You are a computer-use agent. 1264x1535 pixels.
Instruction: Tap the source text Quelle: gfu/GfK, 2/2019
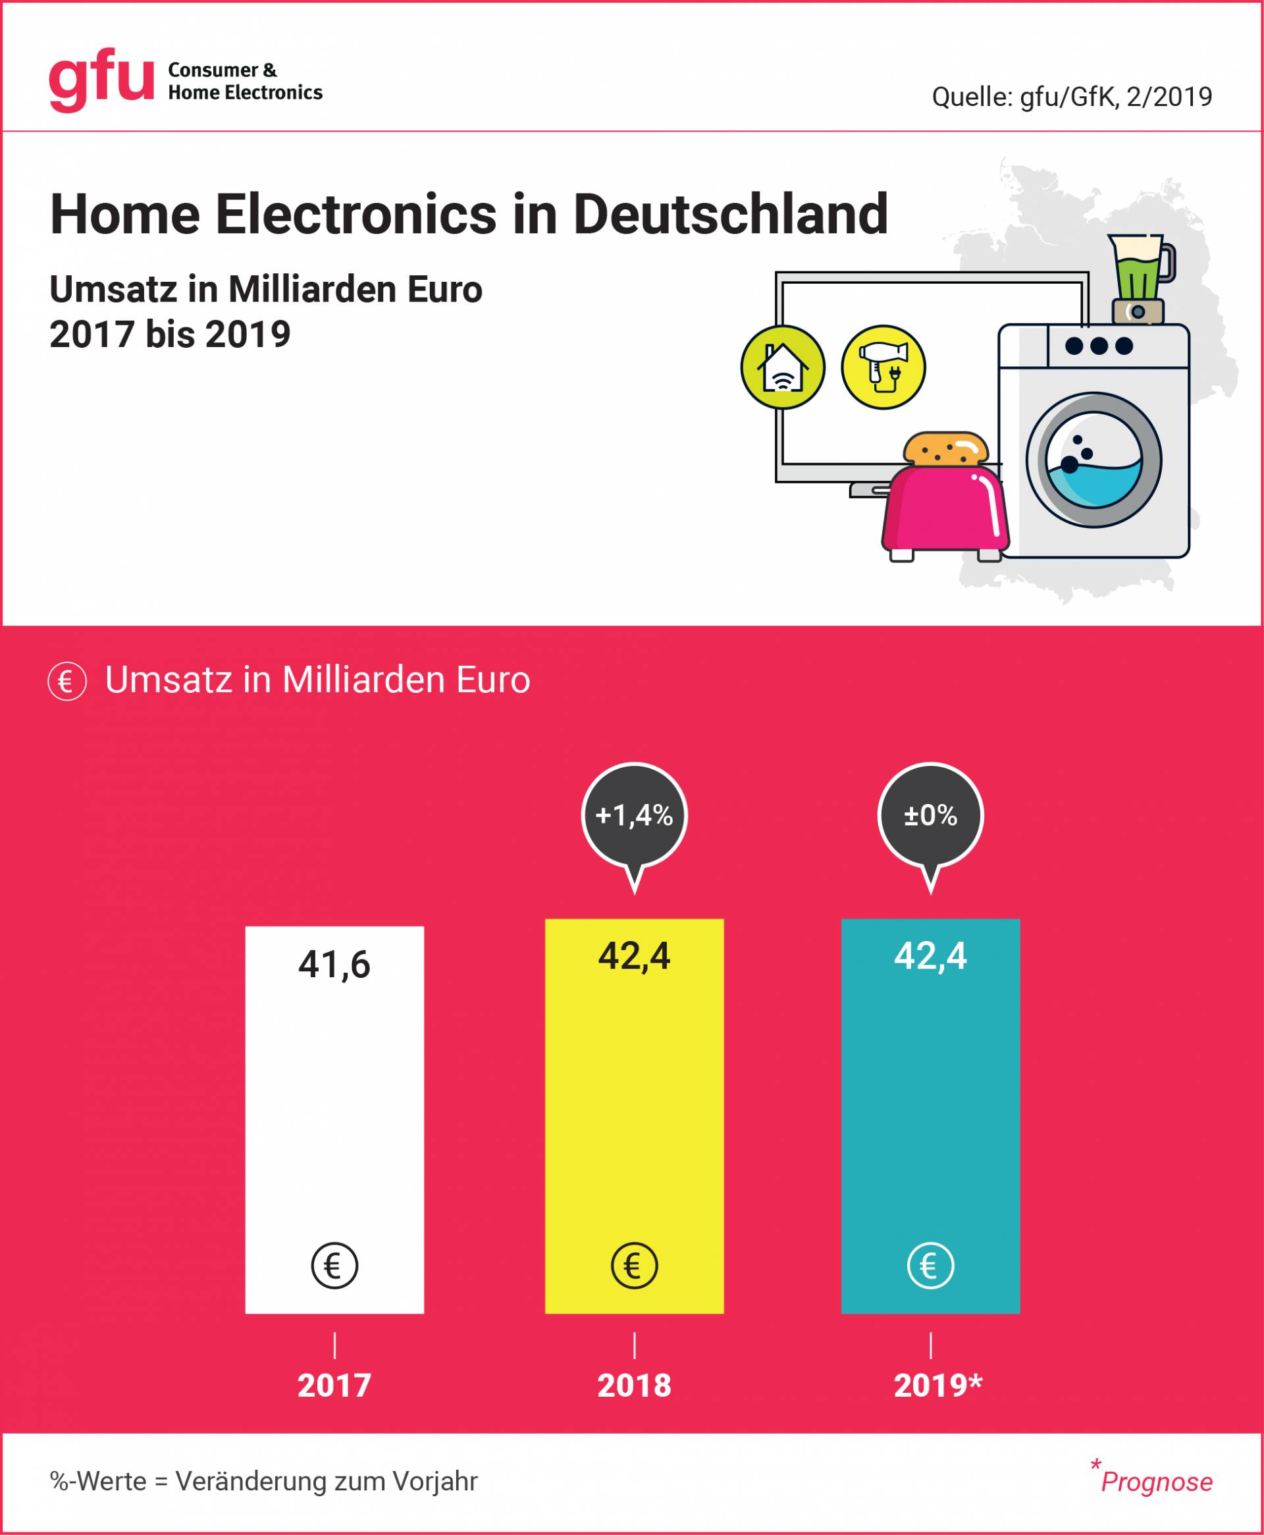(x=1072, y=97)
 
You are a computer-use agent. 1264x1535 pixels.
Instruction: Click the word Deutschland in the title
(x=730, y=215)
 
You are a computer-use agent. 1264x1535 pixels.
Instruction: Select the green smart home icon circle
(x=783, y=367)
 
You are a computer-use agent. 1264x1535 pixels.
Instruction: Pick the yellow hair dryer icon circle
(x=883, y=367)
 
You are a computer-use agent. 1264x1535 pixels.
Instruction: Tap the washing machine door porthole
(x=1093, y=460)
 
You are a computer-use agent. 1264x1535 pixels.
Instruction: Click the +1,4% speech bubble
(x=634, y=815)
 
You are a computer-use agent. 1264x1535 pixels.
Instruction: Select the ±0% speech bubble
(x=930, y=815)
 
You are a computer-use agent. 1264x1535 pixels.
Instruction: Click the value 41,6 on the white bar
(x=334, y=965)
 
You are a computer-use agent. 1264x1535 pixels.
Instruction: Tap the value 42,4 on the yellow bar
(x=634, y=956)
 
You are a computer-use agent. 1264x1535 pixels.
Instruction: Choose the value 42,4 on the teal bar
(x=930, y=956)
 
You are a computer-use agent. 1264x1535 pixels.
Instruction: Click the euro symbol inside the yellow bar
(x=634, y=1266)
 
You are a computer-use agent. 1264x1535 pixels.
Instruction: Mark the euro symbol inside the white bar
(x=334, y=1266)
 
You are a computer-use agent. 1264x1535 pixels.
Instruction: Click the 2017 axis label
(x=334, y=1385)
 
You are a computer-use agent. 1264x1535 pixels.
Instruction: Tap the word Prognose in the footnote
(x=1156, y=1482)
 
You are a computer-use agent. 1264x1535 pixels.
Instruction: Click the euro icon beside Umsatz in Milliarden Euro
(x=67, y=682)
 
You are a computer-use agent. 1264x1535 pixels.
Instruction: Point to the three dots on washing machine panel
(x=1099, y=346)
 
